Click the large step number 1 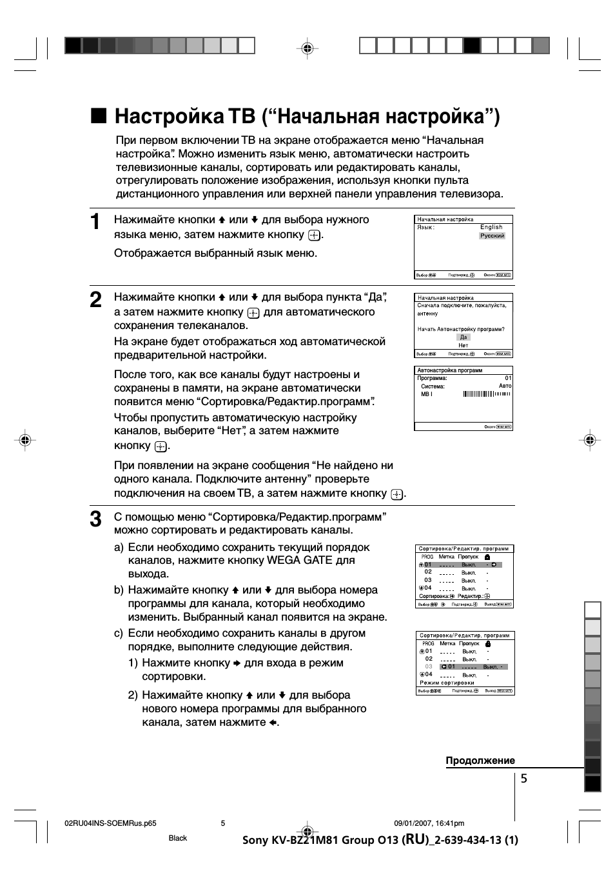point(95,222)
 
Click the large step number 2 point(95,299)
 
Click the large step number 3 point(95,519)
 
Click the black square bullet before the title point(98,115)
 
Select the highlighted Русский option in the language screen point(492,236)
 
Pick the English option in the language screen point(491,227)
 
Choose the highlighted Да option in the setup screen point(464,337)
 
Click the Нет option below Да point(464,345)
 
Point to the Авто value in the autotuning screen point(505,386)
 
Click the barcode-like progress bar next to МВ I point(487,394)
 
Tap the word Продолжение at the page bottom point(480,761)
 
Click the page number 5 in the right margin point(524,779)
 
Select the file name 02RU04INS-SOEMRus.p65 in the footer point(111,823)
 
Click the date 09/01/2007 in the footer point(412,823)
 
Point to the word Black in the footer point(178,838)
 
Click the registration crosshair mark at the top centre point(307,48)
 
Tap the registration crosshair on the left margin point(25,440)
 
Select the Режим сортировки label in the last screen point(447,683)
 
